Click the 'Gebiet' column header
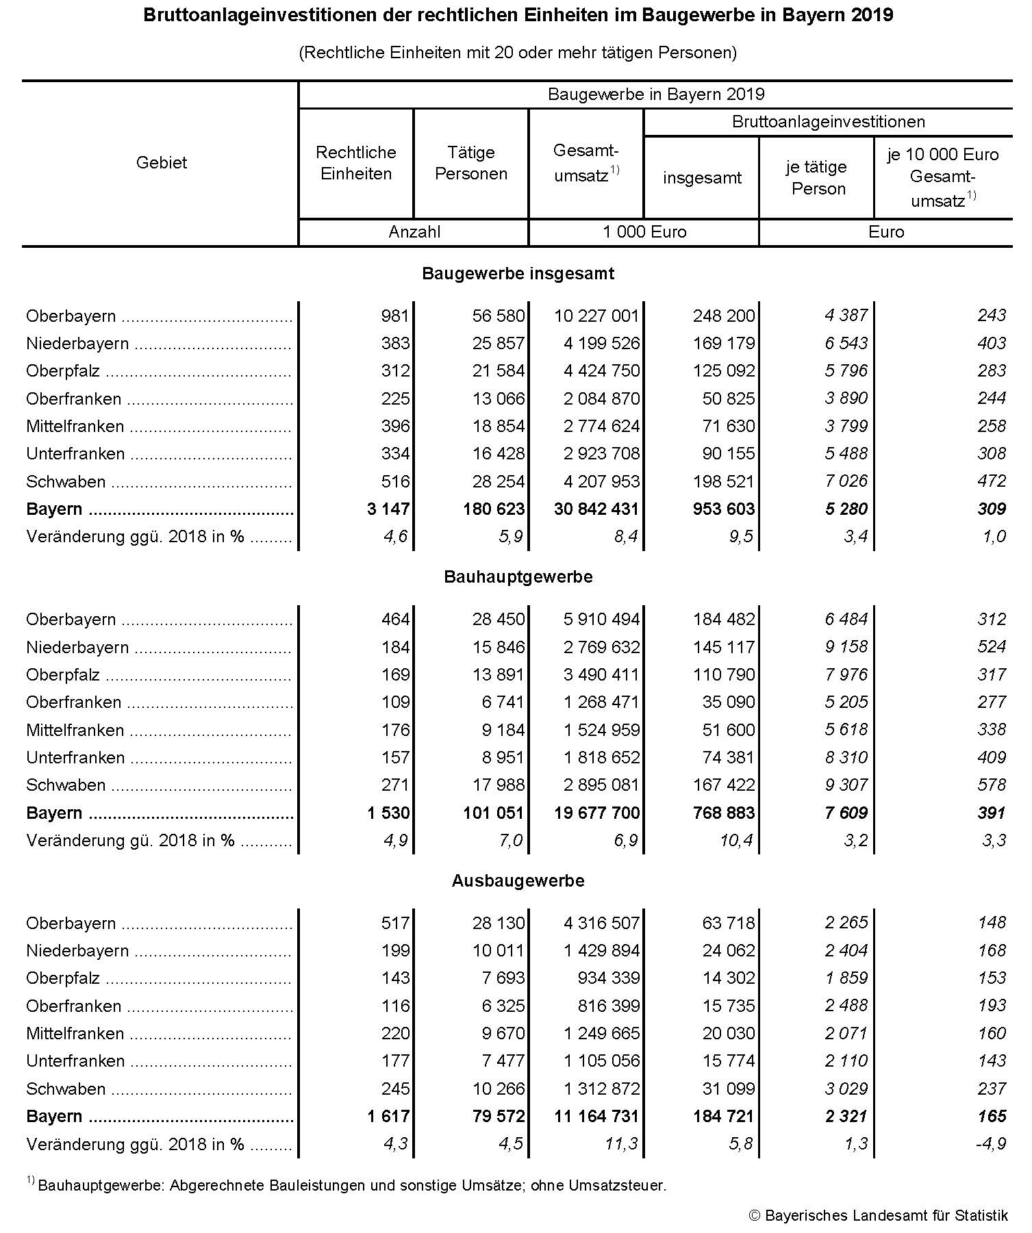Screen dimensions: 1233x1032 point(162,163)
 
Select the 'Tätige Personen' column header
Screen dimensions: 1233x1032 point(471,163)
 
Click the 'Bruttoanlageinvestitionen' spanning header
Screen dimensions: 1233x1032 point(828,122)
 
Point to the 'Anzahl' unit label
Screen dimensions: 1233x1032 point(414,232)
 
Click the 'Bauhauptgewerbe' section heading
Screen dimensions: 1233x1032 point(518,577)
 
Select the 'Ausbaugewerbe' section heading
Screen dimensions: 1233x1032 point(518,880)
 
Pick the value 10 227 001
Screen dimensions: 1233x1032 point(596,316)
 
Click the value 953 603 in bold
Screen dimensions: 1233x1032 point(723,509)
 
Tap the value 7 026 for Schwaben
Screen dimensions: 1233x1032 point(846,481)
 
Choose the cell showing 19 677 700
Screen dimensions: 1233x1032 point(596,813)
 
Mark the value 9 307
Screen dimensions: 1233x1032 point(846,785)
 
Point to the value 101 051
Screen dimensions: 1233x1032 point(492,813)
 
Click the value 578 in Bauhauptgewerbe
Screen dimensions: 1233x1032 point(992,785)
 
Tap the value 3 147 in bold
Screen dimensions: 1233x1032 point(388,509)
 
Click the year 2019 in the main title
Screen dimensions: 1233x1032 point(872,15)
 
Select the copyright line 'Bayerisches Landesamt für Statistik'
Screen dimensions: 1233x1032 point(885,1216)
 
